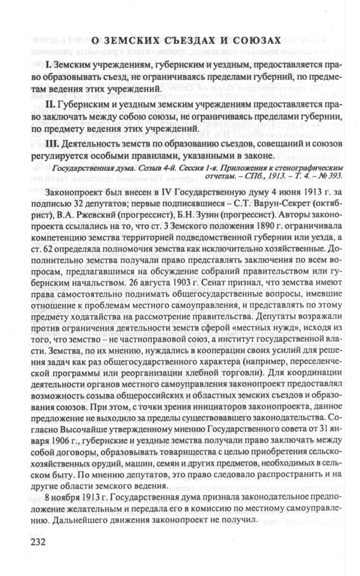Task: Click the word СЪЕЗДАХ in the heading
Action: pyautogui.click(x=168, y=40)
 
